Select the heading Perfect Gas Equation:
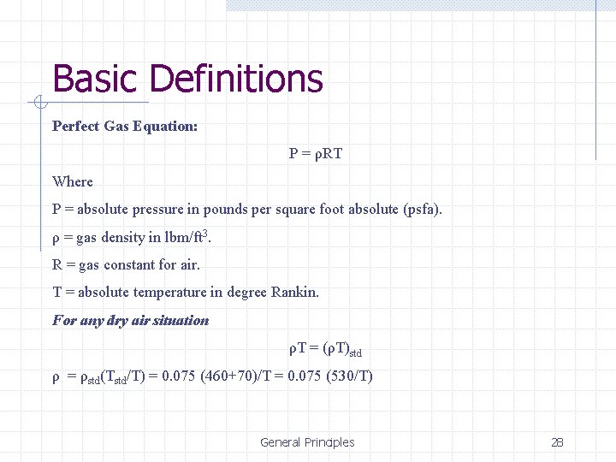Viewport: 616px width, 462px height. pyautogui.click(x=125, y=126)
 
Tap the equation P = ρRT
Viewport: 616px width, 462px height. pyautogui.click(x=316, y=154)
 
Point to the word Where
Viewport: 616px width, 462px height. pyautogui.click(x=73, y=181)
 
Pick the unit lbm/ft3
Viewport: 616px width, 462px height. pyautogui.click(x=183, y=237)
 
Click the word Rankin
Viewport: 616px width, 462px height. pyautogui.click(x=294, y=292)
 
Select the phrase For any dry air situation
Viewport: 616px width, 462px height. pyautogui.click(x=130, y=320)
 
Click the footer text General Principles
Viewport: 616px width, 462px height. pyautogui.click(x=307, y=442)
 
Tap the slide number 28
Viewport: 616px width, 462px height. pyautogui.click(x=557, y=442)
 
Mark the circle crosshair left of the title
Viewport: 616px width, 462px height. pyautogui.click(x=38, y=104)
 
